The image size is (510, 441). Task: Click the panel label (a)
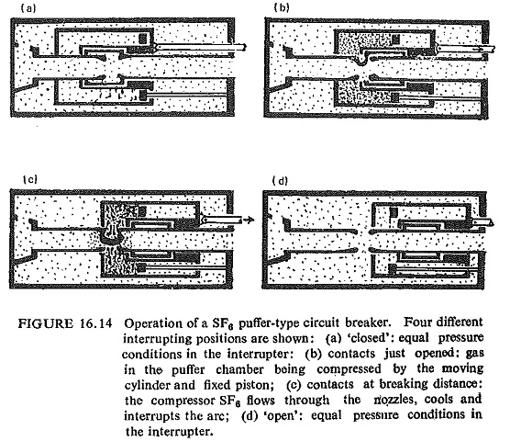[x=28, y=8]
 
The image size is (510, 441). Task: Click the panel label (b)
[x=282, y=7]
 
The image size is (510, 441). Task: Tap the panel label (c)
[x=30, y=179]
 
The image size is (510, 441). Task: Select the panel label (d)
[x=280, y=180]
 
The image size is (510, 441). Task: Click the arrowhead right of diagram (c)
[x=249, y=220]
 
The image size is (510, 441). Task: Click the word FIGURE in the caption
[x=46, y=323]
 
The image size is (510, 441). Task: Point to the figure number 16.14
[x=95, y=323]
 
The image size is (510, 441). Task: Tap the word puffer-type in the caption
[x=269, y=323]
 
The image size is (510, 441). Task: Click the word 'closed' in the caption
[x=368, y=338]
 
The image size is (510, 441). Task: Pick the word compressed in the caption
[x=349, y=369]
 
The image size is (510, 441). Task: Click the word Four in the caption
[x=417, y=322]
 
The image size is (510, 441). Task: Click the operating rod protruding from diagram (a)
[x=200, y=47]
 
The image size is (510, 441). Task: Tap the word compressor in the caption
[x=182, y=401]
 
